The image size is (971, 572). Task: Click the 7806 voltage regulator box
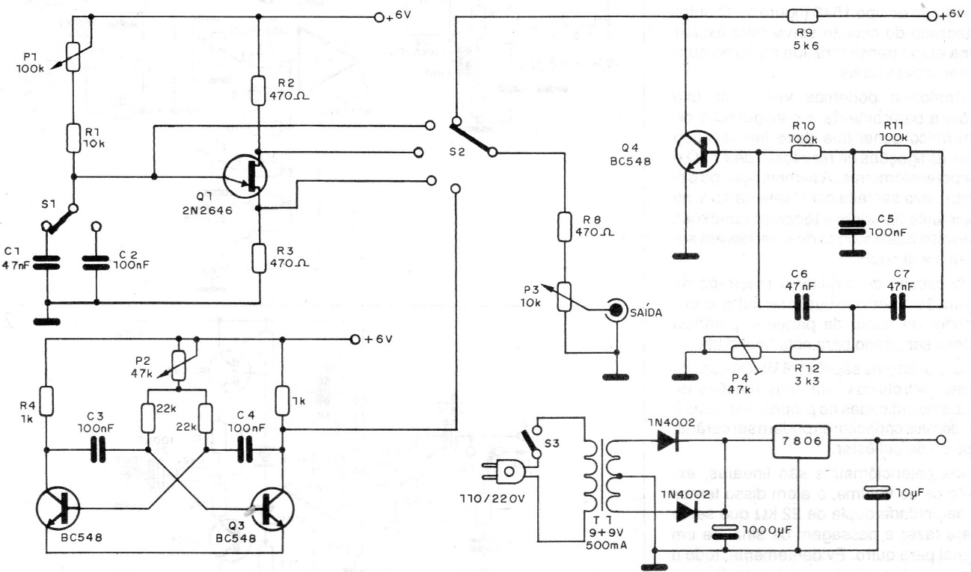797,443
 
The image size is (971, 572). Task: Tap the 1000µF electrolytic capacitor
723,532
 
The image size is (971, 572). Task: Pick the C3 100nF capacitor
96,449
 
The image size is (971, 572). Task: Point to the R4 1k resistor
45,401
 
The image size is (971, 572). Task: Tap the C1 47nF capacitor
46,263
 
